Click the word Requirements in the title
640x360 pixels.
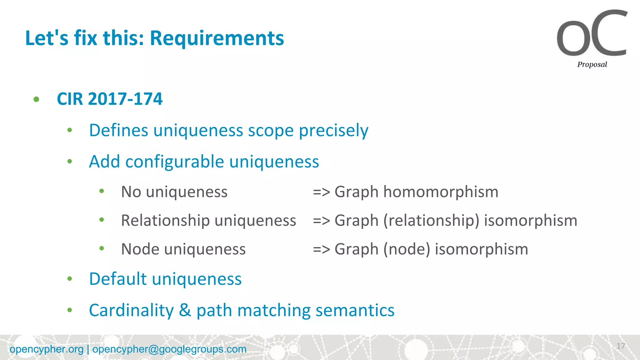pos(217,38)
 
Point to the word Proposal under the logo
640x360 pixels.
pos(592,64)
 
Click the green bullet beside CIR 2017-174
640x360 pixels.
pos(37,99)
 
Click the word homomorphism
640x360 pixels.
pos(441,192)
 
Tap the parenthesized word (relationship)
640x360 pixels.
pos(432,220)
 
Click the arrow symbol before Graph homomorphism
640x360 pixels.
pos(321,192)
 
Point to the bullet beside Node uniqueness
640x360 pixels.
pos(102,249)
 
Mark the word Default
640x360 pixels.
pos(118,279)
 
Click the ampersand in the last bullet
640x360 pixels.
pos(185,310)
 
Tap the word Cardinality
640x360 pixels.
pos(131,310)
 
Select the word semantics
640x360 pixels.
pos(355,310)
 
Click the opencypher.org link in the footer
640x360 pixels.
pos(47,349)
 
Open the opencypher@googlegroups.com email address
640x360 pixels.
pos(169,349)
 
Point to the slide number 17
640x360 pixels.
pos(621,346)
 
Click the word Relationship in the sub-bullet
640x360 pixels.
pos(165,220)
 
